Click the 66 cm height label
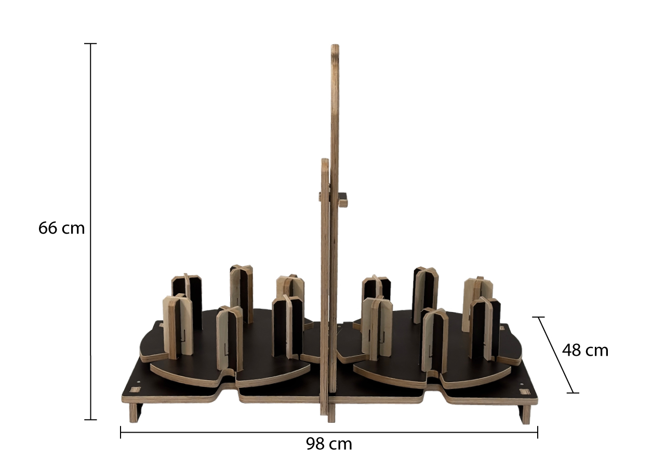(61, 228)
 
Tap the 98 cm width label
(329, 444)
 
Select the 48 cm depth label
(585, 350)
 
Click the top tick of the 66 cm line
(90, 43)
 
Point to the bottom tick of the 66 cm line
(90, 420)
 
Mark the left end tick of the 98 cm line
(121, 432)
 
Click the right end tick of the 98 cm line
(537, 432)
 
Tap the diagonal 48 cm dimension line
(555, 355)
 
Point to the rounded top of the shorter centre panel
(325, 163)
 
